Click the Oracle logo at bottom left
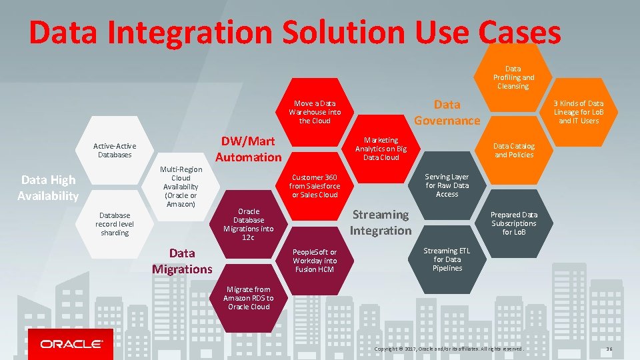[71, 344]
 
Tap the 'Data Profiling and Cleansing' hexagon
[513, 77]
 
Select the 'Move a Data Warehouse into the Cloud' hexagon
[314, 112]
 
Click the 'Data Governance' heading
[447, 112]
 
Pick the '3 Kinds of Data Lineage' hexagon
[579, 112]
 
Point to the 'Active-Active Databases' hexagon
[115, 150]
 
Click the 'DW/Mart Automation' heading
[248, 149]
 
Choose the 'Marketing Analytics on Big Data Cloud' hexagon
[380, 149]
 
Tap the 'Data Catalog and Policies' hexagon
[513, 150]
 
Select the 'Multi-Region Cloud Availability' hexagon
[181, 187]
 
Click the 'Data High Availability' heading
[48, 187]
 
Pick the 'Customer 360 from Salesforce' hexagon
[314, 186]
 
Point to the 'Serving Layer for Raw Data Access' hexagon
[447, 185]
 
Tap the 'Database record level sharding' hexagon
[115, 224]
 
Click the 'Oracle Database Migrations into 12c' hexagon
[248, 225]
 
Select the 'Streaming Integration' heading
[381, 223]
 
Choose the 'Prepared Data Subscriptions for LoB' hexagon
[513, 223]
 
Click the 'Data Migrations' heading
[181, 261]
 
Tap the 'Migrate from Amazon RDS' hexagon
[248, 298]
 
